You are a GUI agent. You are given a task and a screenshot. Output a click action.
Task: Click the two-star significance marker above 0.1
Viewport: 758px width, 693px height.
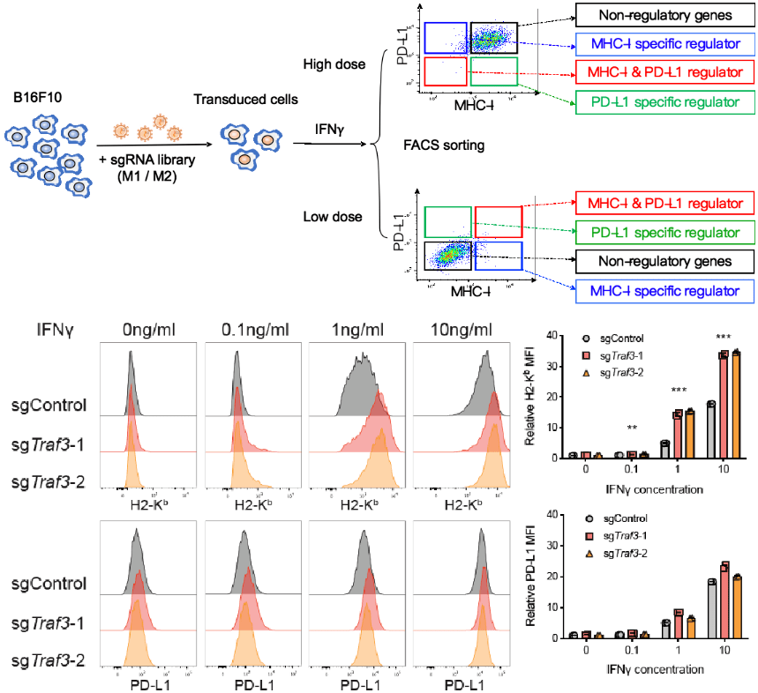coord(631,428)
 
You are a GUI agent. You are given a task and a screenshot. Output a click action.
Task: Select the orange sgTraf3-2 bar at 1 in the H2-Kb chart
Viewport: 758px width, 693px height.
coord(688,435)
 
